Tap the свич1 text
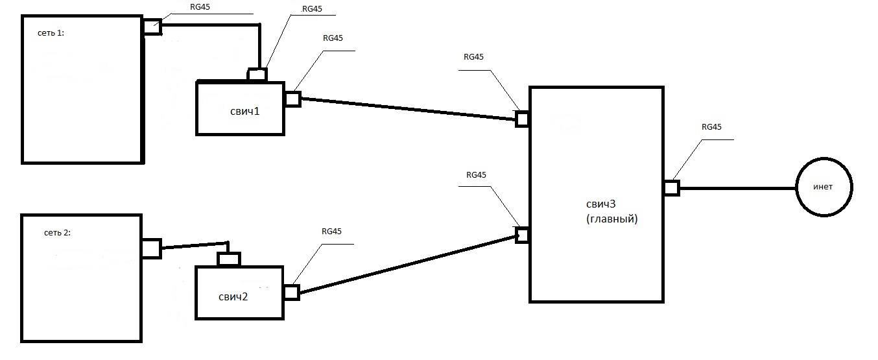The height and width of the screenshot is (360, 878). pos(244,111)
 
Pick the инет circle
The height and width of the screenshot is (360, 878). pos(824,187)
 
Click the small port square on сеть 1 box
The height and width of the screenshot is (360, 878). pos(152,27)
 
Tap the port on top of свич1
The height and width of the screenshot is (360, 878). pos(257,75)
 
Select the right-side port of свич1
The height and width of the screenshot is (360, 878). pos(292,99)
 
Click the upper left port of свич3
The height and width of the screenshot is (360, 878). pos(523,119)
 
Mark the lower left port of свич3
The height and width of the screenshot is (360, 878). pos(523,234)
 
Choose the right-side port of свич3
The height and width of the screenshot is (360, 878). pos(671,187)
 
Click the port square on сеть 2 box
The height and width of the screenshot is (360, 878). pos(150,248)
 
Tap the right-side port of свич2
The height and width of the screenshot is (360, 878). pos(291,293)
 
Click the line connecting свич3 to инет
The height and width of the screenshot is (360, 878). pos(737,188)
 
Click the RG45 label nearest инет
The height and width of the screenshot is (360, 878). pos(711,126)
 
